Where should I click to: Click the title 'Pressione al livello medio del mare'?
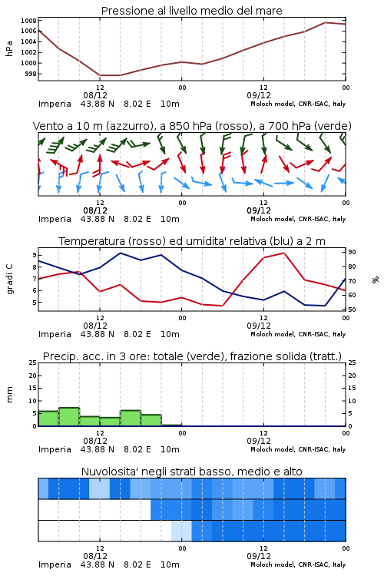(x=191, y=11)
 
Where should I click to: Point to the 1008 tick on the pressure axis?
(x=28, y=21)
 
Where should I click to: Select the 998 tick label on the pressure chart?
(x=31, y=74)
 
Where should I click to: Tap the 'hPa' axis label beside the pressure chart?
(x=9, y=48)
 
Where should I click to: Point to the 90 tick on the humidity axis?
(x=352, y=252)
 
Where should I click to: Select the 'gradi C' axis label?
(x=9, y=280)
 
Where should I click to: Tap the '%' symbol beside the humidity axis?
(x=376, y=280)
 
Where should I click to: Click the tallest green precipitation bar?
(x=69, y=416)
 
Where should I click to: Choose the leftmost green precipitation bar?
(x=48, y=419)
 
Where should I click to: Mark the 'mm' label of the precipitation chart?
(x=9, y=395)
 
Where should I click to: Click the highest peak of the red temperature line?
(x=283, y=253)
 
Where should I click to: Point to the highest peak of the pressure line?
(x=325, y=22)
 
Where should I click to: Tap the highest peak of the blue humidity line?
(x=121, y=253)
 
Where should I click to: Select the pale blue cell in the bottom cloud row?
(x=181, y=531)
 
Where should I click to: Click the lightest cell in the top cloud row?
(x=100, y=488)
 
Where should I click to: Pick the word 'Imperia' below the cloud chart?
(x=55, y=564)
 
